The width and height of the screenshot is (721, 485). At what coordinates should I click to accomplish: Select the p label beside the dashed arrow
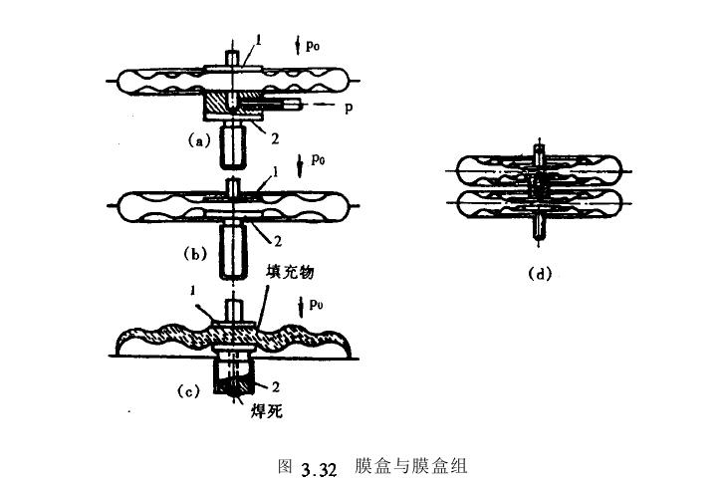[349, 106]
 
